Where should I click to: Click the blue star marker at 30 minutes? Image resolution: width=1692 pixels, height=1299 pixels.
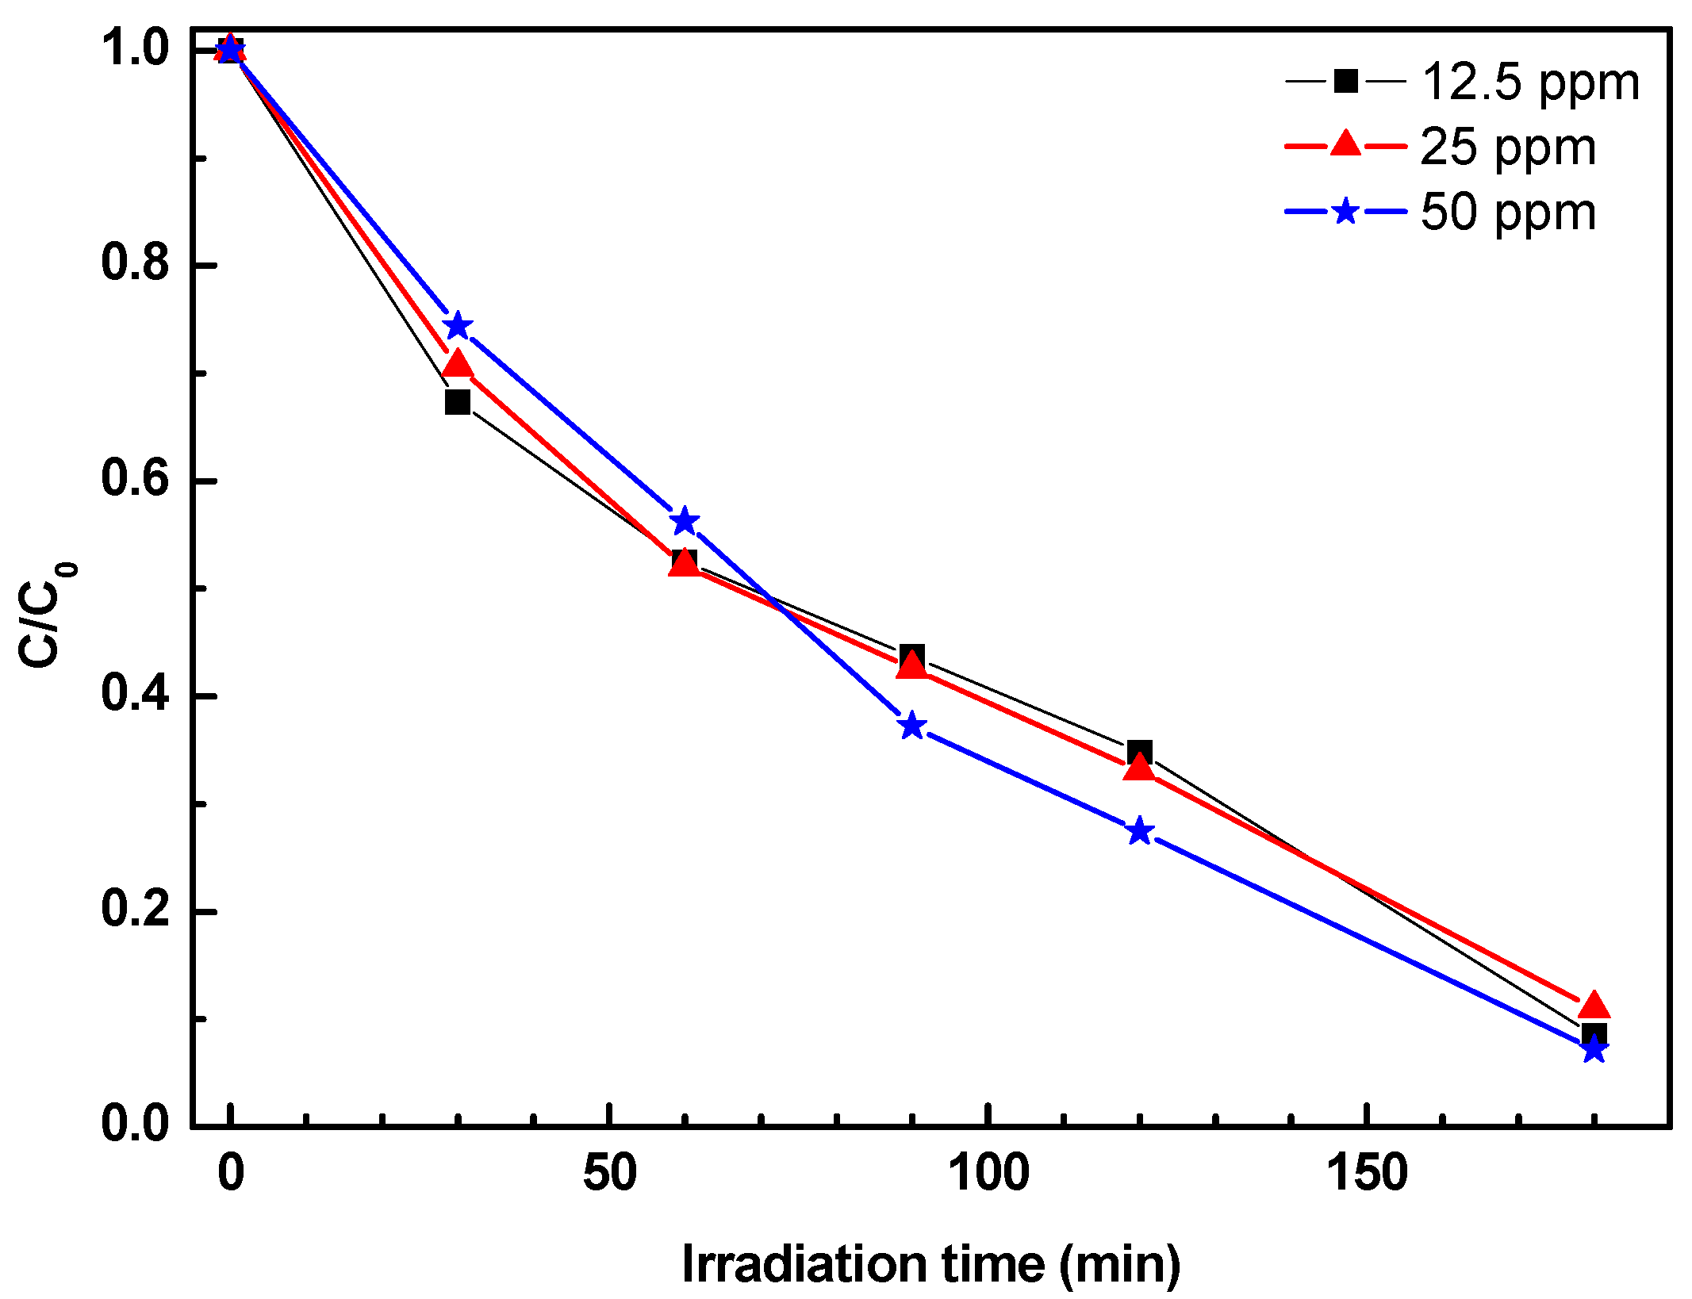[x=457, y=326]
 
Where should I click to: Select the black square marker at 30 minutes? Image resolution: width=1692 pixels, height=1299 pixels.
[x=457, y=402]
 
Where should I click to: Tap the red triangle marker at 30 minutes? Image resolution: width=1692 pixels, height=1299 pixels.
[x=457, y=365]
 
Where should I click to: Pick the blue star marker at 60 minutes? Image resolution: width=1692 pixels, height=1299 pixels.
[x=685, y=522]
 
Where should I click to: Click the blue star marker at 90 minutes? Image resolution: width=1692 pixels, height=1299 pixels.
[x=912, y=725]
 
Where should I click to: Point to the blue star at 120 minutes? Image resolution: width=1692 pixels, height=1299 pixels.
[x=1140, y=831]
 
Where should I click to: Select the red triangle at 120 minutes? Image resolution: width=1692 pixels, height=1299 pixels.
[x=1140, y=767]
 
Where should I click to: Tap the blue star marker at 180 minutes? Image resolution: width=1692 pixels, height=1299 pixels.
[x=1594, y=1050]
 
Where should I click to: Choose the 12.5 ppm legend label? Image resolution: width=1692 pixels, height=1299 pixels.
[x=1530, y=82]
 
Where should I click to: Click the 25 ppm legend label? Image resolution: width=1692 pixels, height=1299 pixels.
[x=1508, y=148]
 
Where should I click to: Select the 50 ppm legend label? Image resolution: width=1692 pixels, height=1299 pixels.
[x=1508, y=213]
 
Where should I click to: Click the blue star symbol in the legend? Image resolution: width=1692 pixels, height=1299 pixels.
[x=1345, y=212]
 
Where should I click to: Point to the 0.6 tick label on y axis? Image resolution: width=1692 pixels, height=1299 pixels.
[x=135, y=480]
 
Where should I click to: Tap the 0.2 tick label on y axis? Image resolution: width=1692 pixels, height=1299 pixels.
[x=135, y=910]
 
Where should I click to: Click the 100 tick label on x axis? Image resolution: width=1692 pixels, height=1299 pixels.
[x=988, y=1174]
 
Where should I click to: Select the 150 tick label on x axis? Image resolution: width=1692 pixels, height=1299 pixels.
[x=1367, y=1174]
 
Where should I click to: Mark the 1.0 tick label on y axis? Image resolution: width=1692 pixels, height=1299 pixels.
[x=135, y=49]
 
